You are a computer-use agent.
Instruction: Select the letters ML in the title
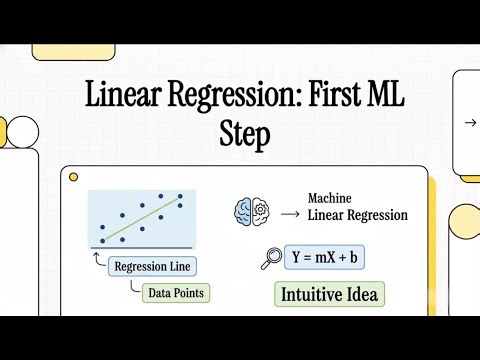pyautogui.click(x=385, y=98)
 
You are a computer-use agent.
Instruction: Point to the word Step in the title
pyautogui.click(x=244, y=135)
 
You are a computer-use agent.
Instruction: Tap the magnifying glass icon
pyautogui.click(x=269, y=257)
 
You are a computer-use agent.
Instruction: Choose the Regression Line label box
pyautogui.click(x=152, y=267)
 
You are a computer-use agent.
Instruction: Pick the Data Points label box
pyautogui.click(x=170, y=294)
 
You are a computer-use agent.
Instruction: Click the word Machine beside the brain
pyautogui.click(x=331, y=198)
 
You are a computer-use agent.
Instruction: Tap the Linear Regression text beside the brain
pyautogui.click(x=357, y=215)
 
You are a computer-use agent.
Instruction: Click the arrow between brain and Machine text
pyautogui.click(x=289, y=213)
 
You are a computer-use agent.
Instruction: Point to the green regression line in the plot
pyautogui.click(x=141, y=219)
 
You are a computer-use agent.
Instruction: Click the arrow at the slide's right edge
pyautogui.click(x=470, y=123)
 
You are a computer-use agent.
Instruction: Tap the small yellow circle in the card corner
pyautogui.click(x=73, y=177)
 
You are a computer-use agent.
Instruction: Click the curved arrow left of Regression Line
pyautogui.click(x=97, y=261)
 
